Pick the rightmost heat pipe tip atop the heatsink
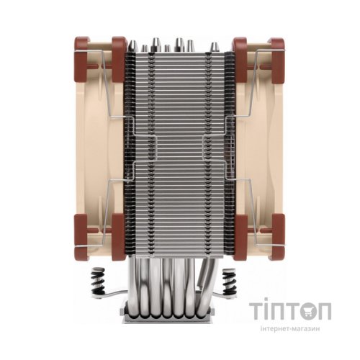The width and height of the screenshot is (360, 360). [215, 47]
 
